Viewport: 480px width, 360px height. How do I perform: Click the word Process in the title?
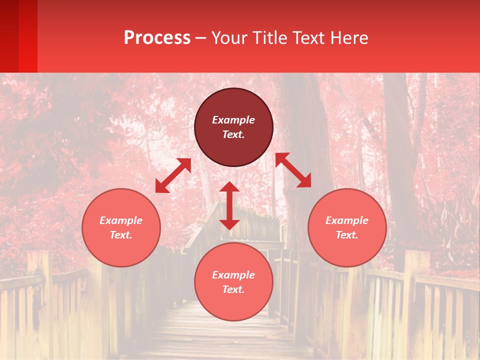click(x=157, y=38)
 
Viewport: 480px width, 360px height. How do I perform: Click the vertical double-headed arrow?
click(x=229, y=205)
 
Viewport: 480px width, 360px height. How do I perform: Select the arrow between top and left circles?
click(x=173, y=175)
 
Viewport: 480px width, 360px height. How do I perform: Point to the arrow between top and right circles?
click(x=293, y=170)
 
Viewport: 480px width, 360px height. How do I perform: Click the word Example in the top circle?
click(x=233, y=120)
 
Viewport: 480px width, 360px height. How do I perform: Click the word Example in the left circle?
click(x=121, y=220)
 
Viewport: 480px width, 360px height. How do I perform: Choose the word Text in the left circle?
click(x=121, y=235)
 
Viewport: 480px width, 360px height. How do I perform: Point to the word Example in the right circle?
click(x=347, y=220)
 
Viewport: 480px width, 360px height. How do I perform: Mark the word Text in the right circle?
click(x=347, y=235)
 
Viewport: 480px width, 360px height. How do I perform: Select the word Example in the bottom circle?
click(x=233, y=275)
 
